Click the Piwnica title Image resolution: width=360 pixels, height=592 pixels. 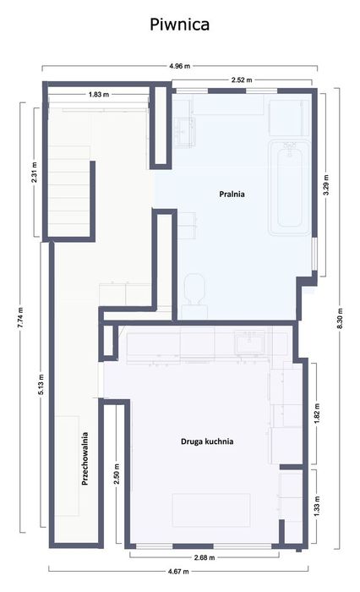(180, 25)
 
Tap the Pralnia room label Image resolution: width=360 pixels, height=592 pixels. (232, 194)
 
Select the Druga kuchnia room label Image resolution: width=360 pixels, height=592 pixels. (207, 441)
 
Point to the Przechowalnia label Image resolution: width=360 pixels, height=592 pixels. (85, 458)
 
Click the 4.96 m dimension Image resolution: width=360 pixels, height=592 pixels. (180, 66)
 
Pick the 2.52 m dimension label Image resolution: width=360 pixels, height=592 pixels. (242, 79)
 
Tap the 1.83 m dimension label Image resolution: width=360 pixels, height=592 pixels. (99, 95)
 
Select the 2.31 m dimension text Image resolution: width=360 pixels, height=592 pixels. (35, 173)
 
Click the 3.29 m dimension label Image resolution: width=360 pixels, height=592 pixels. (326, 184)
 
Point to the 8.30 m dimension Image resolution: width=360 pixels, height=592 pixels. (340, 318)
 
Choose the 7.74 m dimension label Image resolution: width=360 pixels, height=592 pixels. (21, 317)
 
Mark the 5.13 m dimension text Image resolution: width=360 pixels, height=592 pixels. (41, 384)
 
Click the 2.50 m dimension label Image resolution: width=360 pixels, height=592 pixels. (117, 474)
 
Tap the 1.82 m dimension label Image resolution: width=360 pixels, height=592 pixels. (317, 413)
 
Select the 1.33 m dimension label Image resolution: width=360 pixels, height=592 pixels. (317, 505)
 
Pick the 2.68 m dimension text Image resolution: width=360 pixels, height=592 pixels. (205, 557)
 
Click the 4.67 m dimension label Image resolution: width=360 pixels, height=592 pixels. (178, 571)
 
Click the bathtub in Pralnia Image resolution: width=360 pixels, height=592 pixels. (290, 188)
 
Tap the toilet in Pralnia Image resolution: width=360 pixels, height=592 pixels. (194, 289)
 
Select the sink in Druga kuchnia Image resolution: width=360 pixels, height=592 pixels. (249, 343)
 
